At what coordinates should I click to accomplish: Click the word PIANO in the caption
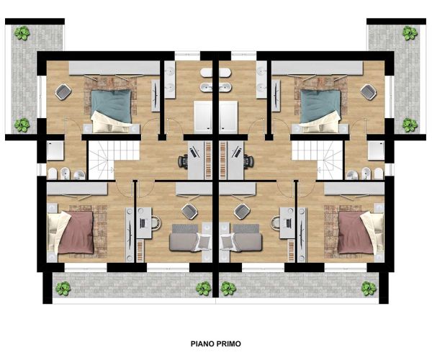point(202,343)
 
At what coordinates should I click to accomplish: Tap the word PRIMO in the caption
point(229,343)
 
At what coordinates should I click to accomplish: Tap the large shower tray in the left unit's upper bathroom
point(203,117)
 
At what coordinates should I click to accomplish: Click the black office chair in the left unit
point(183,161)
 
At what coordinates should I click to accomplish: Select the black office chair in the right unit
point(249,161)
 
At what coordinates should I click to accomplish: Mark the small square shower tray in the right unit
point(376,150)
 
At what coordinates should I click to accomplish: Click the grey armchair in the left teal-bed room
point(63,91)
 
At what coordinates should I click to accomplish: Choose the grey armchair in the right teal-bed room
point(369,91)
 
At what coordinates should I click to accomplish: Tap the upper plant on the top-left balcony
point(22,33)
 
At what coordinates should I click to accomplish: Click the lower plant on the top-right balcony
point(410,125)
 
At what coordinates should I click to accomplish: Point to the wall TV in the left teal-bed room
point(156,96)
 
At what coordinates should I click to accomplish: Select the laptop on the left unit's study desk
point(143,223)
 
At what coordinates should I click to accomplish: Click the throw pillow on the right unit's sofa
point(228,242)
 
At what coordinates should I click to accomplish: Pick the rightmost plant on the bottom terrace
point(369,289)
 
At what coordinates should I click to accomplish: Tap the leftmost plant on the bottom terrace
point(63,289)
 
